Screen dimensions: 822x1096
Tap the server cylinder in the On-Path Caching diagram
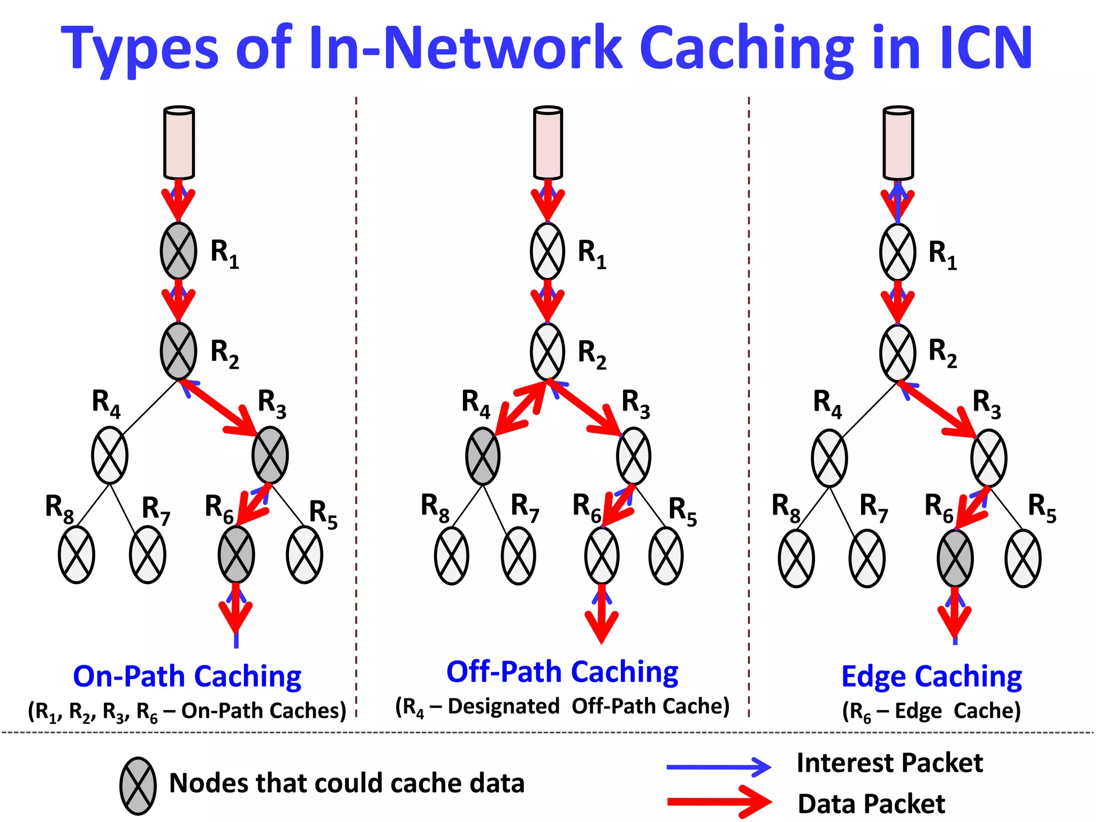pyautogui.click(x=179, y=143)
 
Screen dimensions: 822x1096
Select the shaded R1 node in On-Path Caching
pyautogui.click(x=178, y=251)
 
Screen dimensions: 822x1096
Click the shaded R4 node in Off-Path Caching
pyautogui.click(x=483, y=456)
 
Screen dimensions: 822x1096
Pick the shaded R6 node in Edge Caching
pyautogui.click(x=955, y=558)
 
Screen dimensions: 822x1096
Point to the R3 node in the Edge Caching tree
pyautogui.click(x=988, y=458)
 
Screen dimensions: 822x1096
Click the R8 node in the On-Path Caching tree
pyautogui.click(x=77, y=554)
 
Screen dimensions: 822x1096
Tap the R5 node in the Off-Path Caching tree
pyautogui.click(x=666, y=555)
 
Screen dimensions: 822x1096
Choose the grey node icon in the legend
pyautogui.click(x=138, y=786)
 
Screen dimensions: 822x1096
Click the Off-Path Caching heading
pyautogui.click(x=562, y=672)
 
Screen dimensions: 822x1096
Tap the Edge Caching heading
pyautogui.click(x=931, y=676)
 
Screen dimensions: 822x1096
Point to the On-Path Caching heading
pyautogui.click(x=187, y=676)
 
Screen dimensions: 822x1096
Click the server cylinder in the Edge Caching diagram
pyautogui.click(x=898, y=143)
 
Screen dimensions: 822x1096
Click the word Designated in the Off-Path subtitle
pyautogui.click(x=504, y=706)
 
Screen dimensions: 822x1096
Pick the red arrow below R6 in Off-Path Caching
pyautogui.click(x=602, y=615)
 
